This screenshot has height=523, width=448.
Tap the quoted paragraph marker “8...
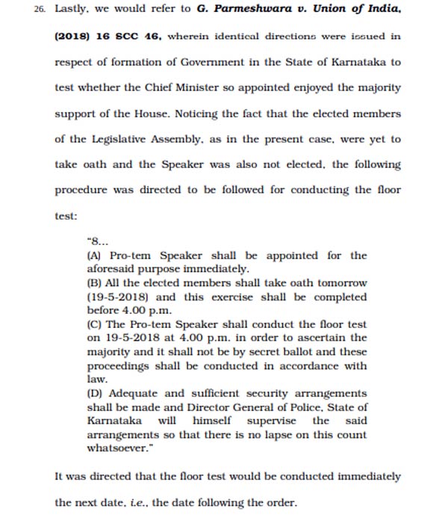(98, 241)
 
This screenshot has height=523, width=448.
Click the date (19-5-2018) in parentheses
(116, 297)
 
